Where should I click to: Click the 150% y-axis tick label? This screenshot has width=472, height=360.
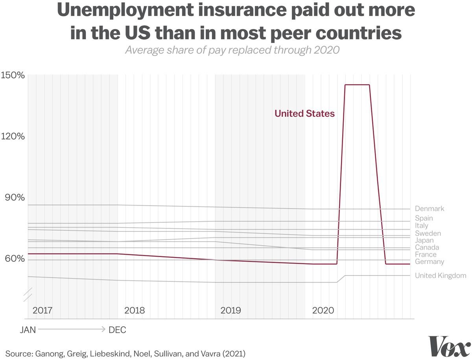click(x=13, y=75)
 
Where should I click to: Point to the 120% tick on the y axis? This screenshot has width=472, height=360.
click(x=13, y=136)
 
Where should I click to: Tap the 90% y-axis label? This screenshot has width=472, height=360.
click(x=15, y=197)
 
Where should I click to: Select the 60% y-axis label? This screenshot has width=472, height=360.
click(x=15, y=258)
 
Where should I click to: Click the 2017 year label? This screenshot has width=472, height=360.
click(x=42, y=310)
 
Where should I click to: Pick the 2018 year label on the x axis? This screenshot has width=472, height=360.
click(x=135, y=310)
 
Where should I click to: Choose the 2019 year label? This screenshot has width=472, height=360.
click(x=231, y=310)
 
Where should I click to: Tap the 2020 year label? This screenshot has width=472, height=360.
click(x=323, y=310)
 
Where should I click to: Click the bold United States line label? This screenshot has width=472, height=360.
click(x=305, y=114)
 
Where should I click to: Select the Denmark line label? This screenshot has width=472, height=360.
click(x=430, y=208)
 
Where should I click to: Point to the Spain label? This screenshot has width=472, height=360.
click(x=424, y=218)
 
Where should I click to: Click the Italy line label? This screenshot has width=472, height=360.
click(x=422, y=226)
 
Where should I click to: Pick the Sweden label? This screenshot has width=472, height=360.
click(x=428, y=233)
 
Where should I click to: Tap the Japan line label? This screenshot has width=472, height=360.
click(x=424, y=241)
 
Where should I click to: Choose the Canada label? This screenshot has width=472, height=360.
click(x=427, y=247)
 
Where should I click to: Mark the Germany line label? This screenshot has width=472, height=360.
click(x=430, y=262)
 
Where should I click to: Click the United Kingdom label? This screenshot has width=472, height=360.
click(x=441, y=276)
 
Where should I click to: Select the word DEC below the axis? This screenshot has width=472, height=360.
click(x=117, y=330)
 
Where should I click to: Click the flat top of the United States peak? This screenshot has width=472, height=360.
click(x=357, y=85)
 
